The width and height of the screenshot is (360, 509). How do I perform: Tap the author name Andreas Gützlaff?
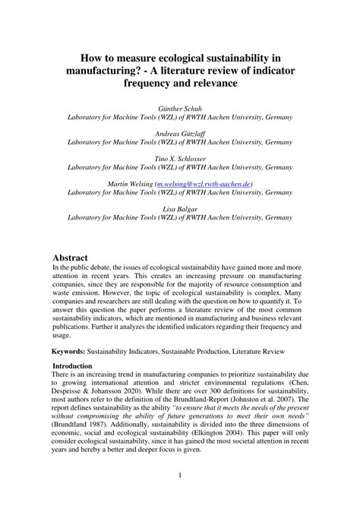tap(180, 134)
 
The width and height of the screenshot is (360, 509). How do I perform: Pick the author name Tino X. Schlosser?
tap(180, 159)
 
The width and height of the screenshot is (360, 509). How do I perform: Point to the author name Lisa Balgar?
tap(180, 208)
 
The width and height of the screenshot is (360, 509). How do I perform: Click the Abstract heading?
tap(75, 258)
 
